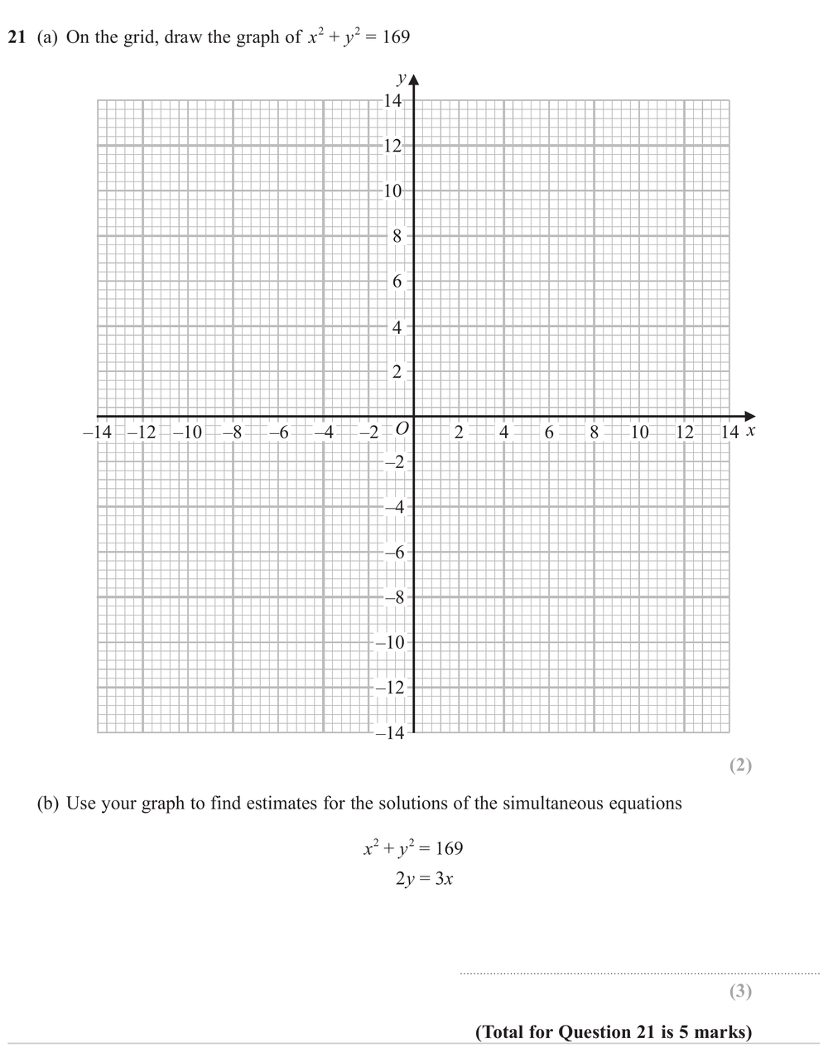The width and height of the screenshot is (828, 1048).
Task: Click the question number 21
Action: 17,37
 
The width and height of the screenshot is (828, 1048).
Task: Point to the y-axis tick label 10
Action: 392,191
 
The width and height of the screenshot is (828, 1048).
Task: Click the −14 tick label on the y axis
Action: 389,732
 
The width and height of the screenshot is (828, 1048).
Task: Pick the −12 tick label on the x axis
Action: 142,432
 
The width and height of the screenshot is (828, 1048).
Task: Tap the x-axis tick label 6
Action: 549,432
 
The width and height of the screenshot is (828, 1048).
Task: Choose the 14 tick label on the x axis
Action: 729,432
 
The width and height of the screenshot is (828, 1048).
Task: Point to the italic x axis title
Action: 750,431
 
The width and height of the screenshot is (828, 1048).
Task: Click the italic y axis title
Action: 402,80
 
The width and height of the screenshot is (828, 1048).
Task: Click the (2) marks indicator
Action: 740,765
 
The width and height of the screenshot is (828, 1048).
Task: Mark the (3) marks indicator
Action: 740,991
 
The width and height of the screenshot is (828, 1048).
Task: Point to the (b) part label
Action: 49,803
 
